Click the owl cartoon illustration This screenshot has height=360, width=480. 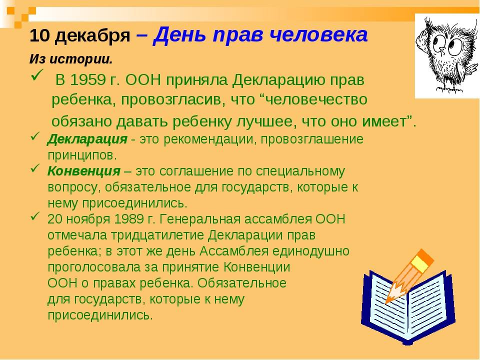[x=447, y=55]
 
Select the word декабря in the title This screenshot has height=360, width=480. [x=93, y=36]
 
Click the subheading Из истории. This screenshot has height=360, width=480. [x=71, y=59]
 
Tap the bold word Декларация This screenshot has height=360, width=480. [x=87, y=139]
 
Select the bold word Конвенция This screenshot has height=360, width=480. [x=84, y=171]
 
